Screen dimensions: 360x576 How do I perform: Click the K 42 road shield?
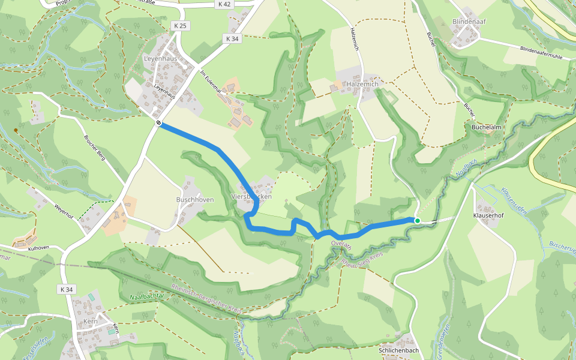[x=224, y=4]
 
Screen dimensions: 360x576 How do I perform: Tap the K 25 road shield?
[x=179, y=25]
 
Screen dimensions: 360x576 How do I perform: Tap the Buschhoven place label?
[x=195, y=200]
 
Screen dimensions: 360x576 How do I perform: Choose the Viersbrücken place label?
[x=251, y=197]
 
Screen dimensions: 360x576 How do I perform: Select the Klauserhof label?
[x=488, y=214]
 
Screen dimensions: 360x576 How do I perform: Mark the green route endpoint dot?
[x=417, y=221]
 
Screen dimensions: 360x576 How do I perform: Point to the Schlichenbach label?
[x=399, y=350]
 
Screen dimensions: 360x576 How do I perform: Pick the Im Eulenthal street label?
[x=211, y=82]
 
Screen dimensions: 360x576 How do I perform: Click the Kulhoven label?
[x=38, y=247]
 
